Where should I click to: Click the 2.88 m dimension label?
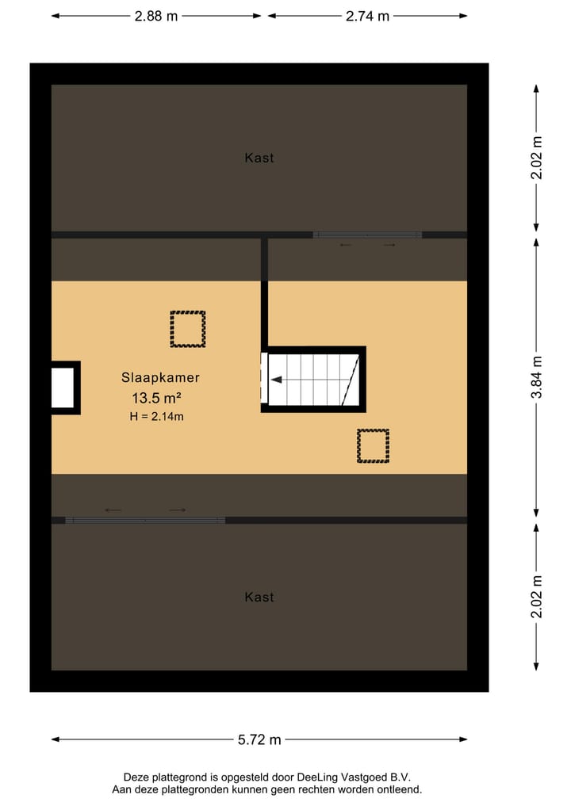(x=155, y=16)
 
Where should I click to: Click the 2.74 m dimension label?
(x=367, y=16)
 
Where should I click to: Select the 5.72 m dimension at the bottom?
(x=259, y=740)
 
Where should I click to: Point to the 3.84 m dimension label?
(x=538, y=377)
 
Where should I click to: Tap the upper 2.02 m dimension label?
(x=538, y=159)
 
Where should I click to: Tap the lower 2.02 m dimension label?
(x=538, y=596)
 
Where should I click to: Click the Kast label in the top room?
(x=259, y=158)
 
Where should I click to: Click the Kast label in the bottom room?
(x=259, y=597)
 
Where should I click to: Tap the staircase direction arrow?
(x=277, y=380)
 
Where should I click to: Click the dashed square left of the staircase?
(x=188, y=329)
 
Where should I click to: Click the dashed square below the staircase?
(x=373, y=445)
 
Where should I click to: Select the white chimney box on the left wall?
(x=63, y=388)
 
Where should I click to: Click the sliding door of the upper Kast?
(x=367, y=235)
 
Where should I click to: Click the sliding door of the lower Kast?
(x=145, y=521)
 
